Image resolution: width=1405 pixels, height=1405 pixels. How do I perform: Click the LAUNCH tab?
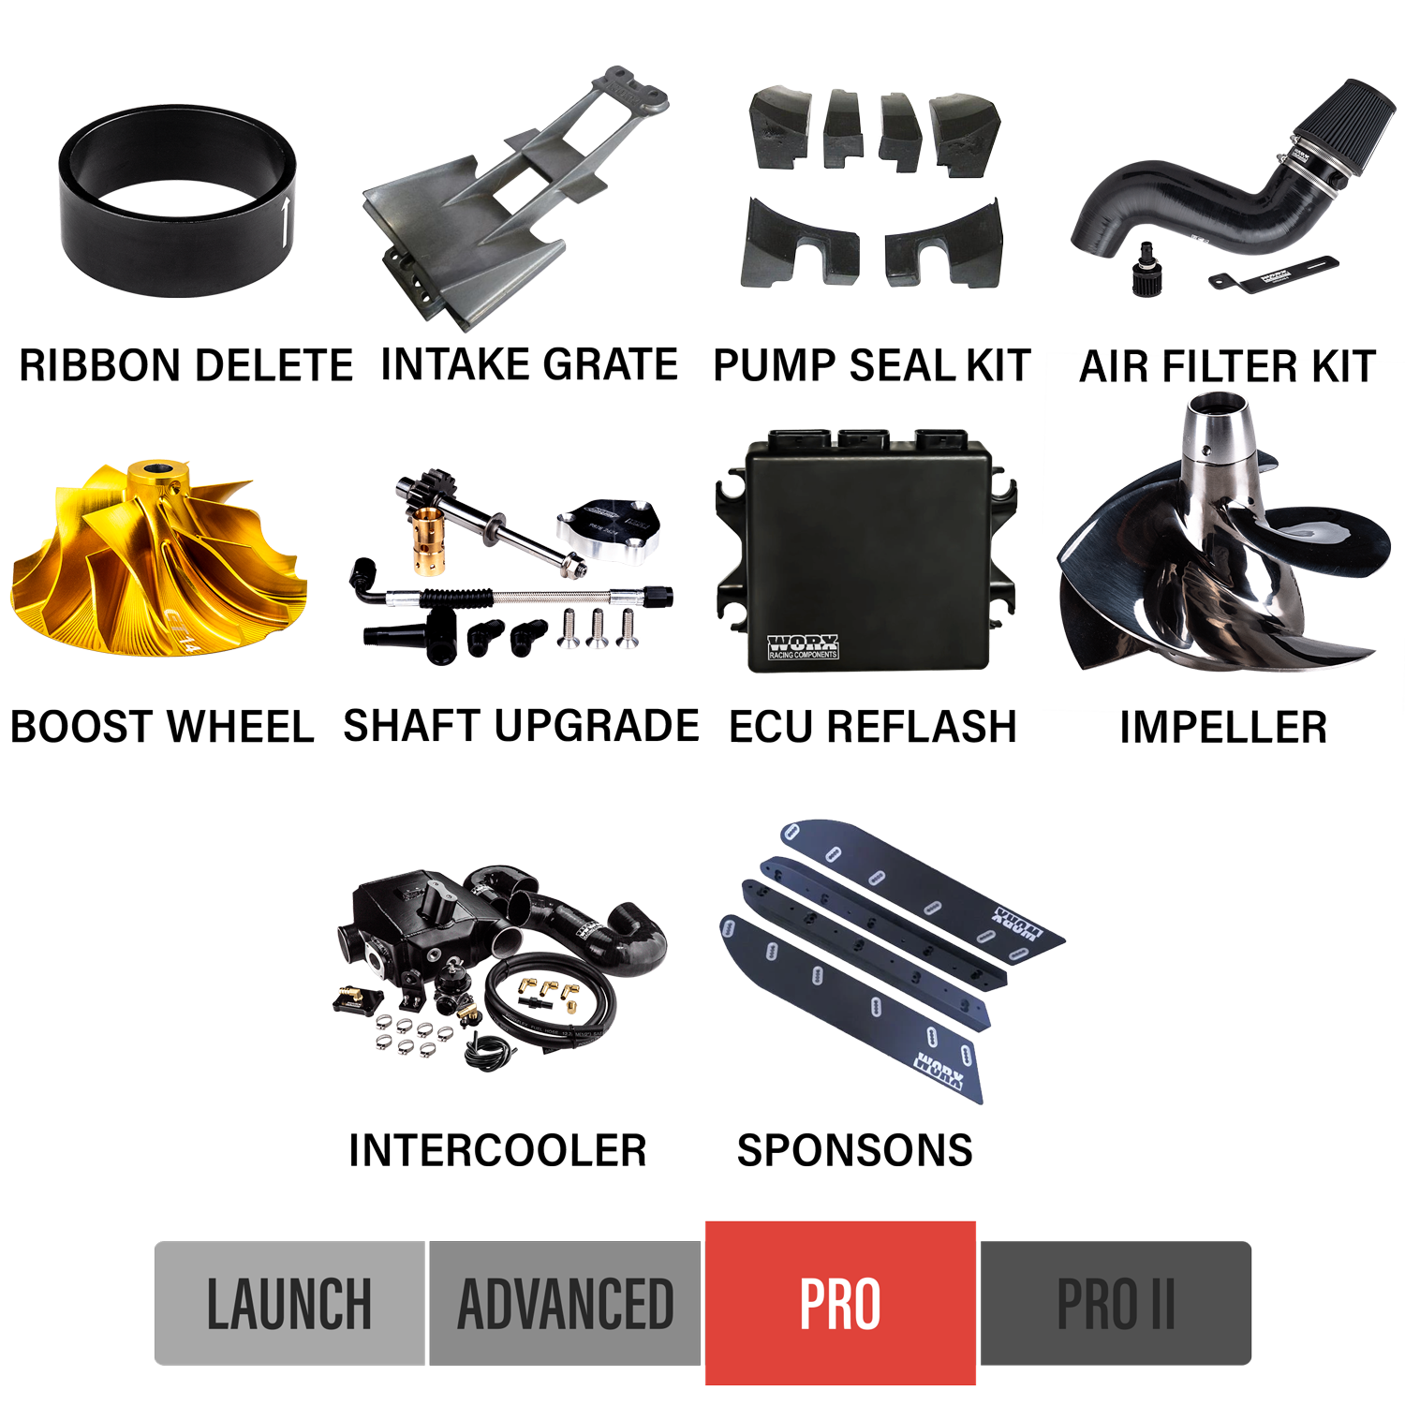pos(289,1303)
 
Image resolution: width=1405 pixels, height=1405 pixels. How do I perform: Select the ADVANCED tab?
pos(565,1303)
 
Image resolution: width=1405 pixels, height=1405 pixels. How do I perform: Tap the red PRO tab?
pos(840,1303)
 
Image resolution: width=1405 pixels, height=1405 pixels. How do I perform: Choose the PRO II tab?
pos(1115,1303)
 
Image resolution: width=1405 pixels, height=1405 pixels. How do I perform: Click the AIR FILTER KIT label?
pos(1226,367)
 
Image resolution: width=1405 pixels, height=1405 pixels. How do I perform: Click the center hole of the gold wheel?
pos(155,467)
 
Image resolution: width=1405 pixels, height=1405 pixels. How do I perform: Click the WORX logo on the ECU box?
pos(803,645)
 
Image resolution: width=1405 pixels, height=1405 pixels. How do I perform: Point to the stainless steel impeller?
pos(1218,553)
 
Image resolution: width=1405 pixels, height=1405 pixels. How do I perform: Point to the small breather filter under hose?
pos(1146,272)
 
